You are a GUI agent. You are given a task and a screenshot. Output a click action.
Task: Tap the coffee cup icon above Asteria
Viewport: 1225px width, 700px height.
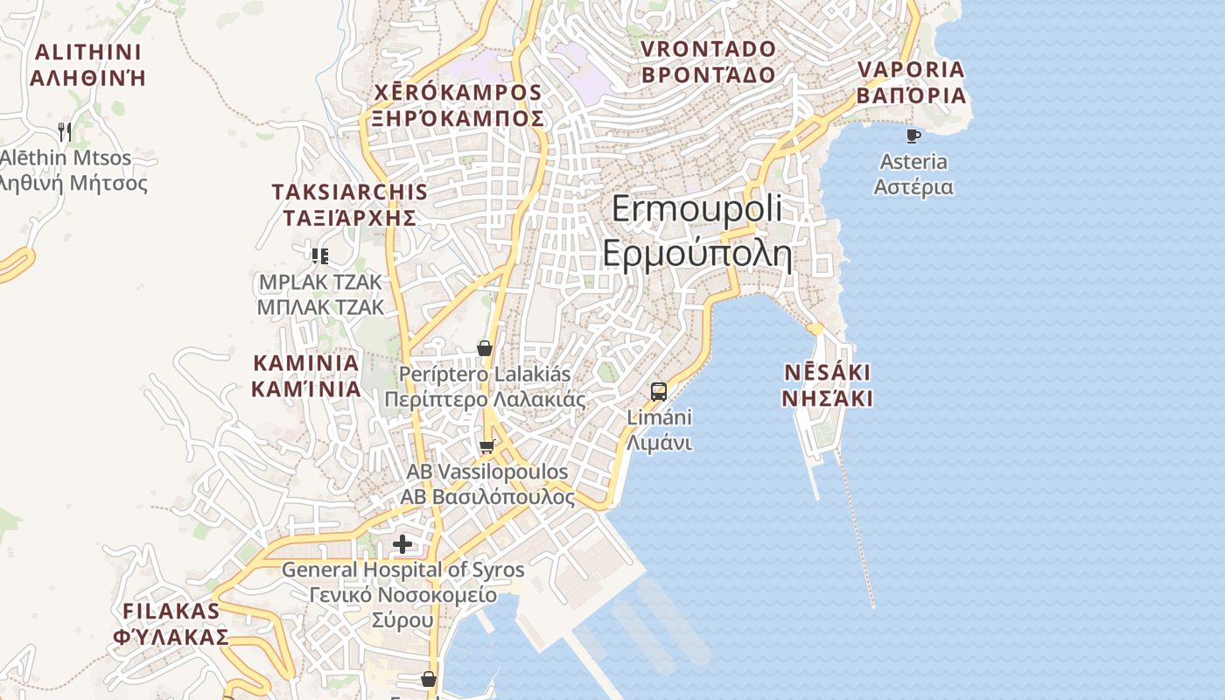(x=913, y=136)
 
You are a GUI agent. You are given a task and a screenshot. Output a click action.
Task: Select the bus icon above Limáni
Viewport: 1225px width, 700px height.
(x=659, y=391)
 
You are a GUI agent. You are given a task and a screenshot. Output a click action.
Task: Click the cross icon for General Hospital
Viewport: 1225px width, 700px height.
(x=402, y=544)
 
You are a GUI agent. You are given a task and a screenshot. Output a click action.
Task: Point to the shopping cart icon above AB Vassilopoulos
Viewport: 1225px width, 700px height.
(x=487, y=447)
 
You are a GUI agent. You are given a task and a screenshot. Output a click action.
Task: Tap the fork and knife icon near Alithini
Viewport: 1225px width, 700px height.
(x=64, y=132)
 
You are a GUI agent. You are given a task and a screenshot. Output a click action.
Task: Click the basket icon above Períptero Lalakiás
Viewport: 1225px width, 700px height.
(x=485, y=348)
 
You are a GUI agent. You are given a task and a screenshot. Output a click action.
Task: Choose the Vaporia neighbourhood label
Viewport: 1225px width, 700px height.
(x=911, y=82)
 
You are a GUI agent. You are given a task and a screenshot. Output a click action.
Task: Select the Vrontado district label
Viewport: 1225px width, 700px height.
(x=709, y=61)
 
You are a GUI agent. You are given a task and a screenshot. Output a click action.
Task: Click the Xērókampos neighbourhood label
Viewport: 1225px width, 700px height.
(x=458, y=105)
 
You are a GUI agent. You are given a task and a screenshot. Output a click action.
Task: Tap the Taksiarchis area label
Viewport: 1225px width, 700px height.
(x=350, y=205)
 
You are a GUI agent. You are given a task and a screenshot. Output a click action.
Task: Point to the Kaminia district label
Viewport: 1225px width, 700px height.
(x=305, y=375)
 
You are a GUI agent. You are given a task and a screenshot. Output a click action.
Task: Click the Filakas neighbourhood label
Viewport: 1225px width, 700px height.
(x=171, y=623)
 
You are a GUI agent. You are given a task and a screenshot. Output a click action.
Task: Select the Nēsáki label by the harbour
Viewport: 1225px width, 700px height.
(x=827, y=386)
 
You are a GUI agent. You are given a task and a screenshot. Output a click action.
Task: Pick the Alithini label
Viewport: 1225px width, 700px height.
(x=87, y=65)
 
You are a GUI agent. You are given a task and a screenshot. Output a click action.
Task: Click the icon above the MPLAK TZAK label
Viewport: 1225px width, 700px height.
(x=320, y=255)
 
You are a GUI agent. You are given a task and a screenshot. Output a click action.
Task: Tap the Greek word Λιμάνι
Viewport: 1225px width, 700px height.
(x=659, y=443)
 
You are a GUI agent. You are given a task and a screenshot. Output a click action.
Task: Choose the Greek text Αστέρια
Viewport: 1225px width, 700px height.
(x=913, y=187)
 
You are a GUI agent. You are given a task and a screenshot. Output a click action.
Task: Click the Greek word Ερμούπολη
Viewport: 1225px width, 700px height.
(x=696, y=255)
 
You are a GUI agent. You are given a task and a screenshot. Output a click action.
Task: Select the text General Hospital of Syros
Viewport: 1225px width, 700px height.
(x=402, y=570)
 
